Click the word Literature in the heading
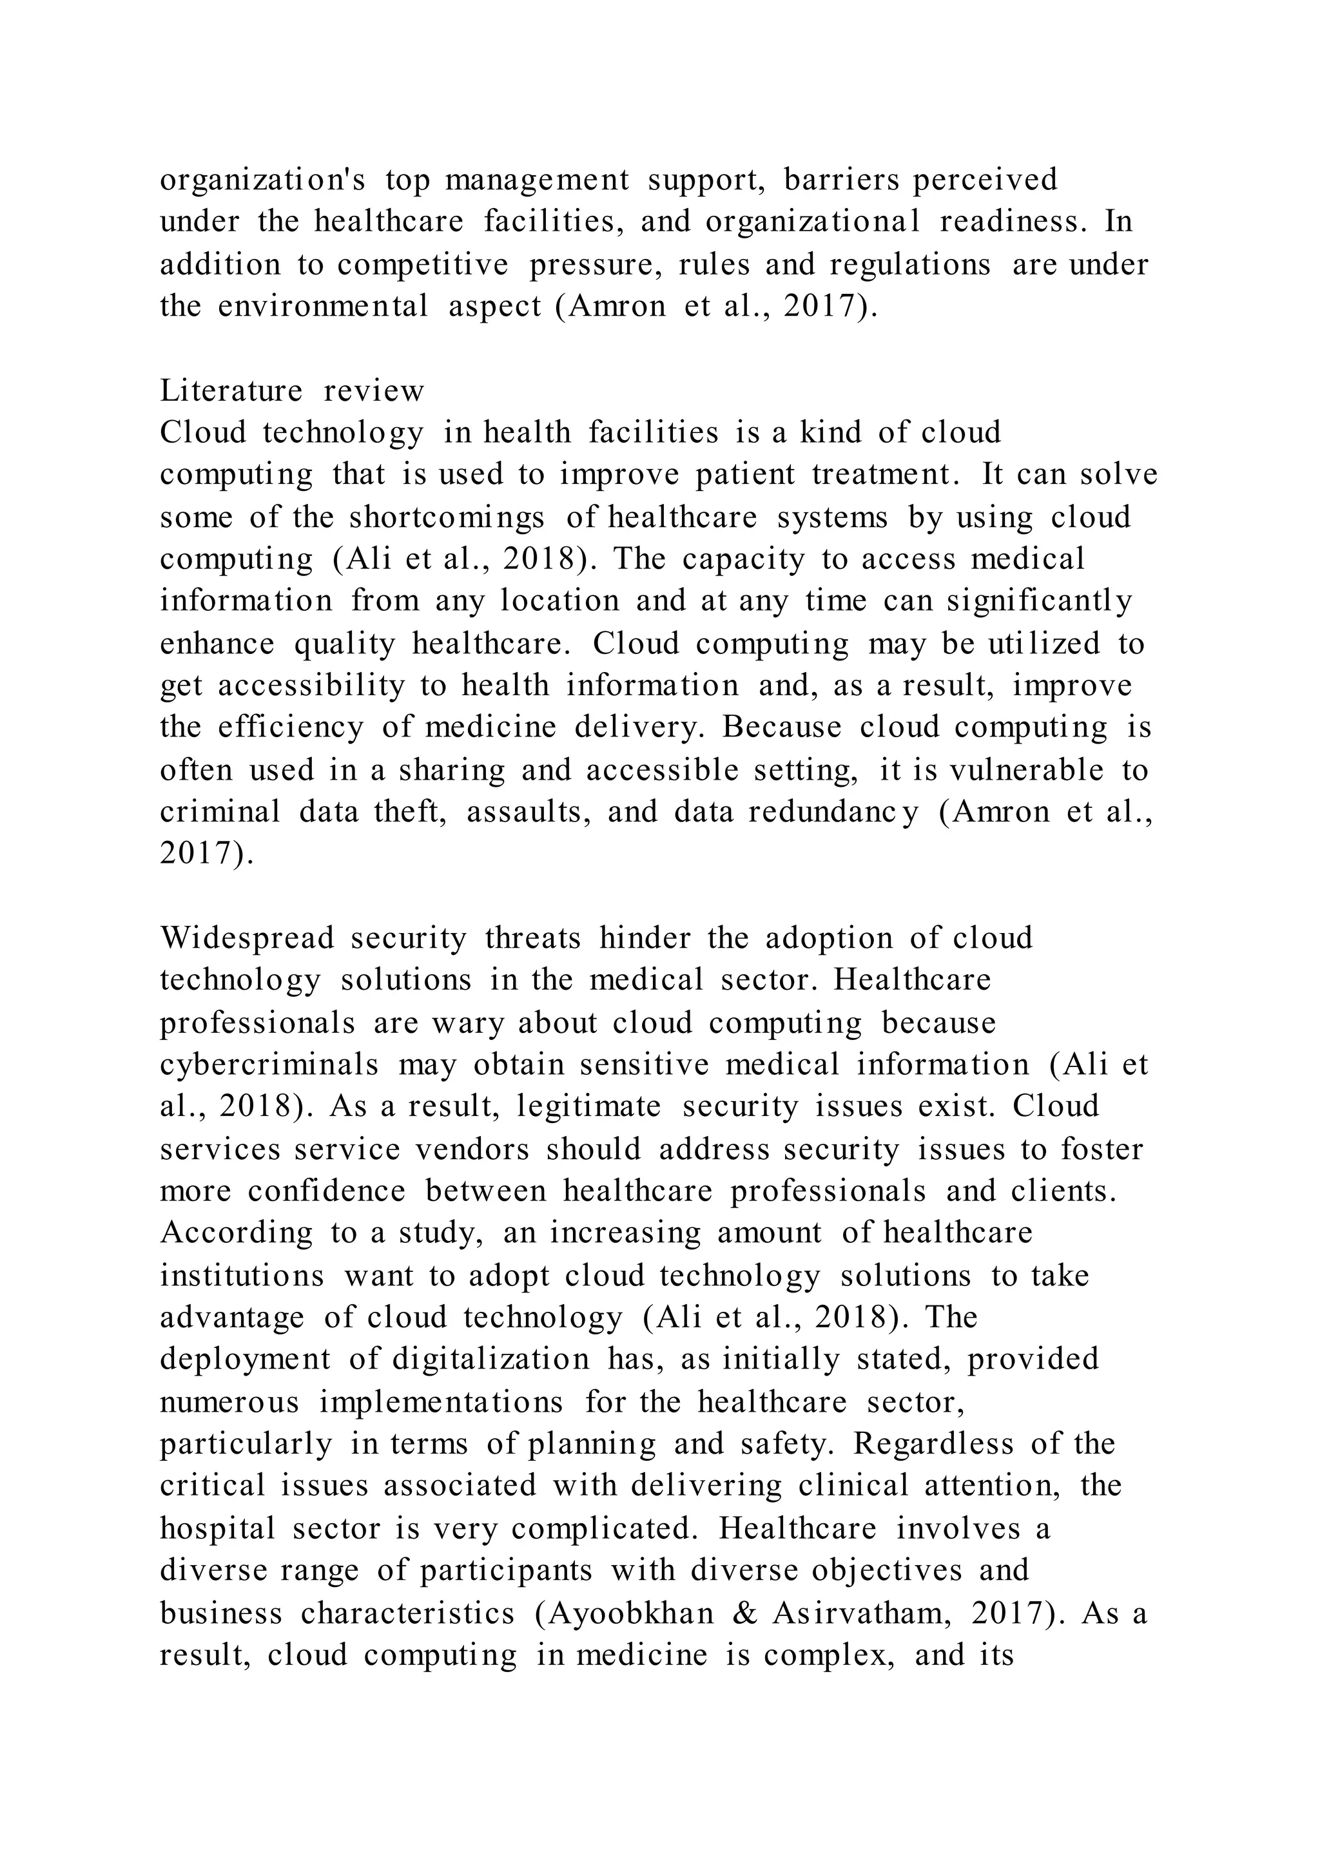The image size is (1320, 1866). click(x=231, y=391)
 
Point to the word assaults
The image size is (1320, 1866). click(x=529, y=812)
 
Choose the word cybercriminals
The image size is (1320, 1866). click(x=269, y=1066)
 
